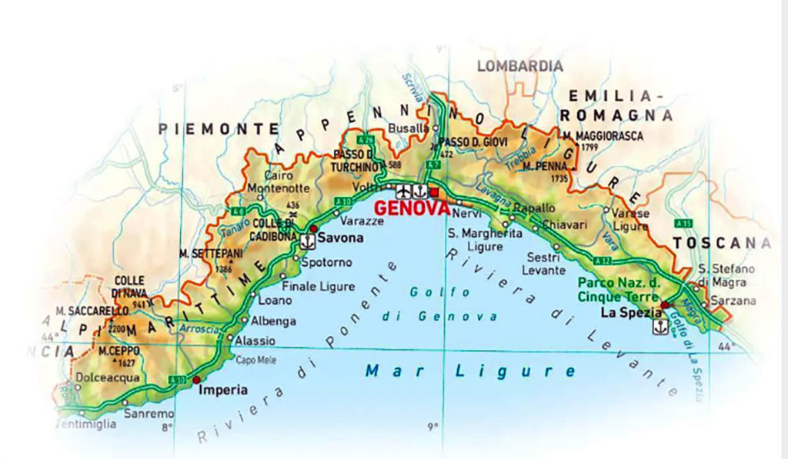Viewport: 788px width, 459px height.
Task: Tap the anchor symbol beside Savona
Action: click(x=306, y=241)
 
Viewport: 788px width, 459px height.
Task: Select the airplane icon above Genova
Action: click(x=402, y=190)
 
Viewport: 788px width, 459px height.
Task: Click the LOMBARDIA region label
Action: click(x=519, y=66)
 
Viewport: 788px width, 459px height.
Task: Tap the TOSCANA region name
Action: click(x=721, y=244)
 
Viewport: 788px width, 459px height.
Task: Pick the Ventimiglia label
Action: click(x=87, y=424)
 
